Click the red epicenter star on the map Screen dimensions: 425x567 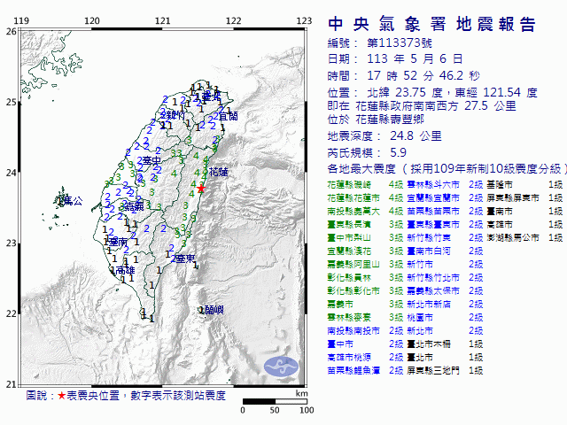point(201,189)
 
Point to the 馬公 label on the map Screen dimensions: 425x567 point(71,202)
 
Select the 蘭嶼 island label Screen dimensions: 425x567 point(212,309)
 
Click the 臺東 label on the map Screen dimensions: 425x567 point(184,259)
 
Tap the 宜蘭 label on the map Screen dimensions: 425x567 point(227,116)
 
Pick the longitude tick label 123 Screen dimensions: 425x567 point(303,20)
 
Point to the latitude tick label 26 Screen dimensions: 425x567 point(11,31)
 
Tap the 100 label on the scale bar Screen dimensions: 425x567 point(306,410)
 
